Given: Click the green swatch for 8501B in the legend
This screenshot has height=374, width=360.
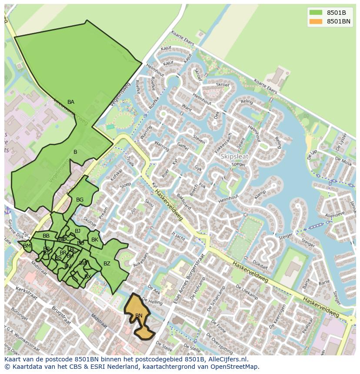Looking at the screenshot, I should [x=316, y=12].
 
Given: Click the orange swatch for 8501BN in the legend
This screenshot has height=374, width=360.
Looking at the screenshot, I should [x=316, y=21].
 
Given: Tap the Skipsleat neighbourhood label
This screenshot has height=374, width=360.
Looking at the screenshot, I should [x=234, y=156].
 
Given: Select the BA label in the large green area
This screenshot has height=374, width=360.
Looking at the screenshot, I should [x=71, y=102].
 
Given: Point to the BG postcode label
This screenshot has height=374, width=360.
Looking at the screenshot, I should [x=80, y=200].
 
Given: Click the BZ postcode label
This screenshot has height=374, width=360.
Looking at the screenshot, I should [x=107, y=264].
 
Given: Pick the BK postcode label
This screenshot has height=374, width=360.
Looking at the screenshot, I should [x=95, y=240].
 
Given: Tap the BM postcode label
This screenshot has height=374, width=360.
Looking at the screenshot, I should [x=27, y=246].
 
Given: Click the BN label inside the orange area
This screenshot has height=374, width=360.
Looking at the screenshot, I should [x=139, y=316].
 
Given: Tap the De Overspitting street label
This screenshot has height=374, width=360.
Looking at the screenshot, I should [x=219, y=343].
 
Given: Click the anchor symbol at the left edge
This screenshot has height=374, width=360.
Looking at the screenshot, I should [x=7, y=211].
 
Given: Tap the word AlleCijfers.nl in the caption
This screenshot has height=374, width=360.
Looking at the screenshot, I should [x=226, y=359].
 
